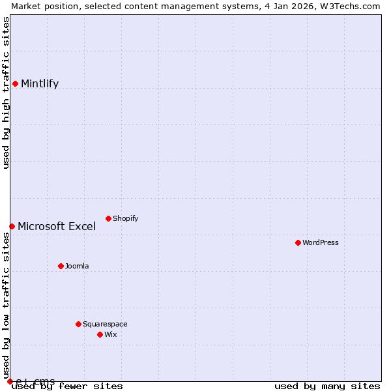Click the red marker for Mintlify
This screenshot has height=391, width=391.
coord(15,83)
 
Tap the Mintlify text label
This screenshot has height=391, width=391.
coord(40,83)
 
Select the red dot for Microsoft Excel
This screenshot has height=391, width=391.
coord(12,226)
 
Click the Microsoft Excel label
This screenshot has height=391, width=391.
coord(57,227)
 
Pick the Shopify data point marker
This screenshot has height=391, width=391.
coord(108,218)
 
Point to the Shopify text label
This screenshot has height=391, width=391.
coord(126,218)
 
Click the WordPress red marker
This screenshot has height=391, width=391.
coord(298,242)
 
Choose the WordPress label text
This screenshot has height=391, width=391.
coord(321,242)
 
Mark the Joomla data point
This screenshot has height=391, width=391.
coord(61,266)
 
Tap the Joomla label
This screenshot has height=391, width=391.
coord(77,266)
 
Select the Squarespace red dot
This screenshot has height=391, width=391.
coord(78,324)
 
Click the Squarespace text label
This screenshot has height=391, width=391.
coord(105,324)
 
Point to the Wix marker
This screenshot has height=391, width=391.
coord(100,334)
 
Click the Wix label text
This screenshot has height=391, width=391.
coord(111,334)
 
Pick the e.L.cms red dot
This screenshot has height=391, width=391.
coord(10,381)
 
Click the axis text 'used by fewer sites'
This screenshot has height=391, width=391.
coord(68,386)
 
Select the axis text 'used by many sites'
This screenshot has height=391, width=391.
coord(327,386)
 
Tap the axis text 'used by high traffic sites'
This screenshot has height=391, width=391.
coord(6,93)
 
